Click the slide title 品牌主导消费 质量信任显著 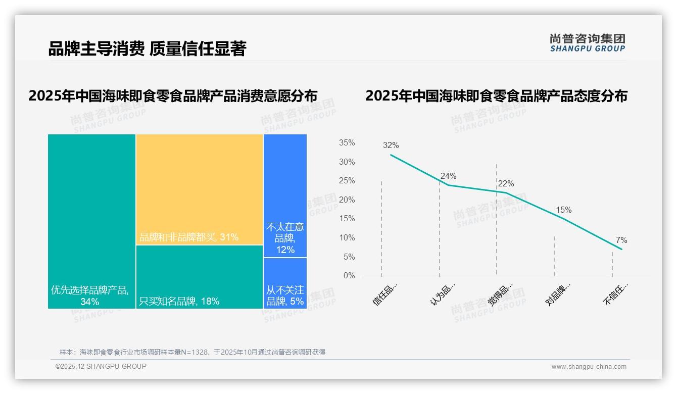[x=147, y=49]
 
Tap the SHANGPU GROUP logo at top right [x=587, y=43]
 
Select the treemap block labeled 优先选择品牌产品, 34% [x=91, y=221]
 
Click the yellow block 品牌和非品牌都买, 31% [x=200, y=189]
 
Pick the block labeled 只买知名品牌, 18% [x=200, y=277]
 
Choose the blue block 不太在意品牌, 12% [x=285, y=196]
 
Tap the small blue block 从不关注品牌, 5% [x=285, y=283]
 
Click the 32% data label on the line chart [x=391, y=145]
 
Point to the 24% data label [x=448, y=176]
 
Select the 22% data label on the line [x=506, y=184]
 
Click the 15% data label [x=563, y=210]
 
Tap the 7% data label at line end [x=621, y=240]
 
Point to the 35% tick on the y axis [x=347, y=143]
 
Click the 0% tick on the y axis [x=349, y=276]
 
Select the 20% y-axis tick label [x=347, y=200]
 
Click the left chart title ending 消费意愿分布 [x=173, y=96]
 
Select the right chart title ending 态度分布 [x=496, y=96]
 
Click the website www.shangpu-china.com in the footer [x=589, y=367]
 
